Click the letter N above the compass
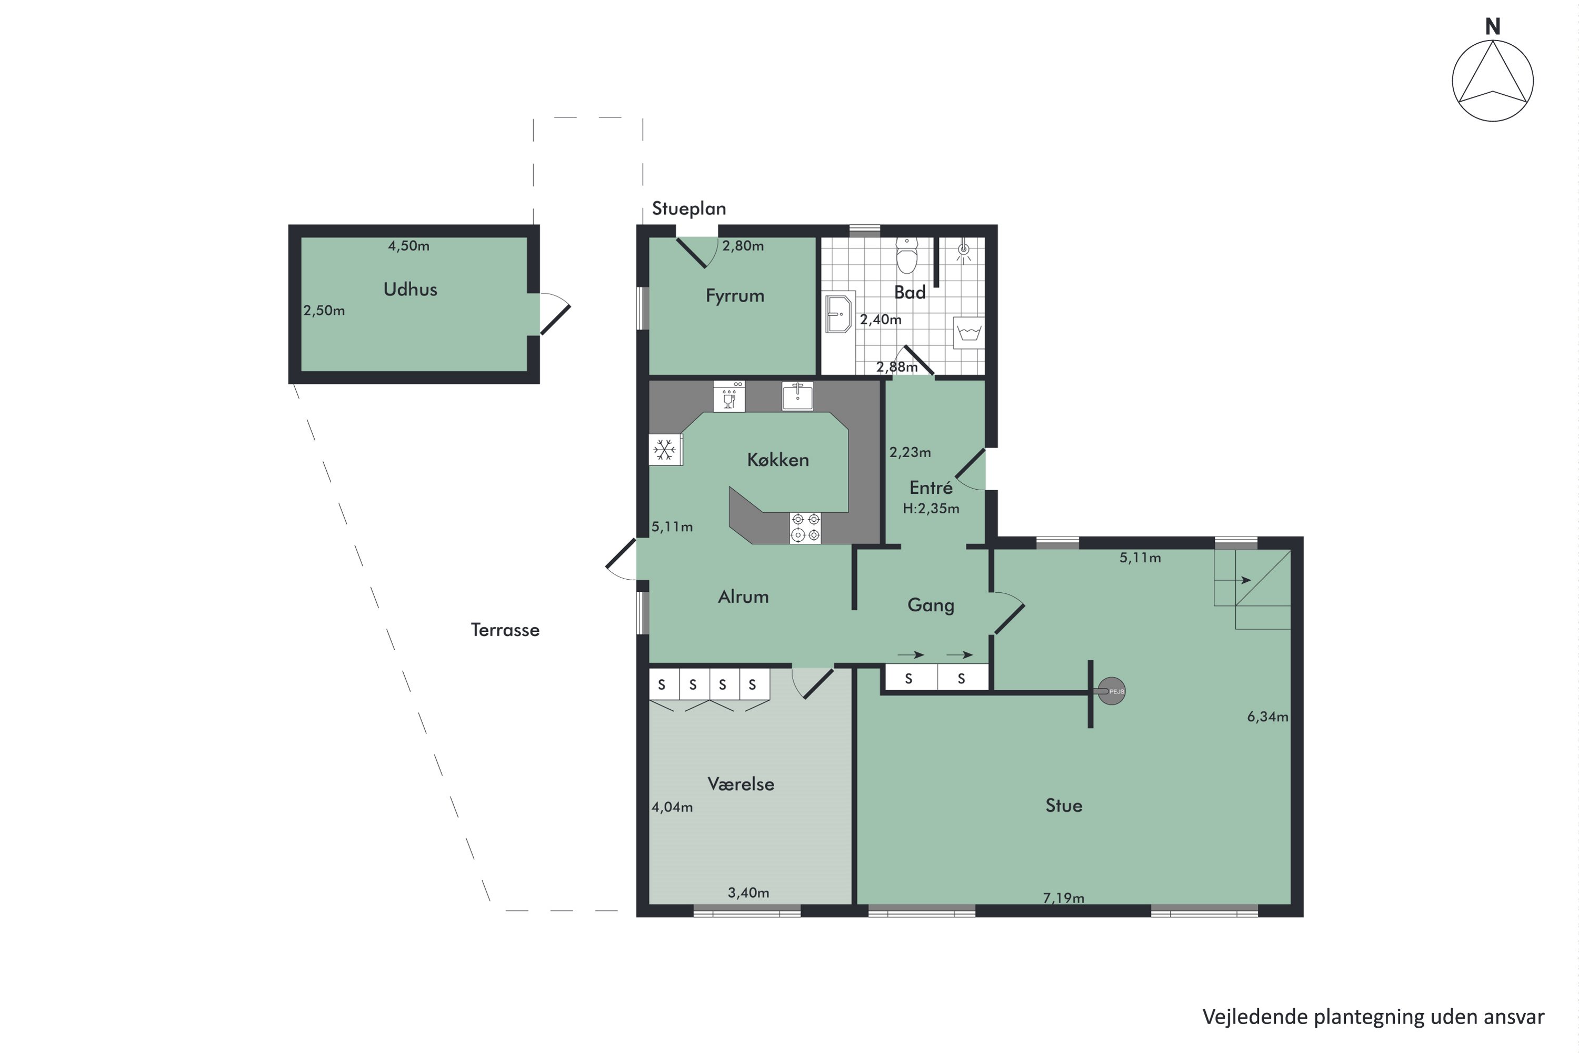[1492, 26]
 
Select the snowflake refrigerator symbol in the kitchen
[665, 450]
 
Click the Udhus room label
[410, 290]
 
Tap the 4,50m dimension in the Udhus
[408, 246]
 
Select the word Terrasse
[505, 630]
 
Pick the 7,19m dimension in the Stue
[1063, 898]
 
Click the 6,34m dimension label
[1267, 717]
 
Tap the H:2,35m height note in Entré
[931, 509]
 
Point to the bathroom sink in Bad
[838, 312]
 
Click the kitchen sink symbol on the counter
[797, 396]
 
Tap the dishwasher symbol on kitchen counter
[729, 396]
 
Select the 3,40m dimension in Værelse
[748, 892]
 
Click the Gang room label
[931, 605]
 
